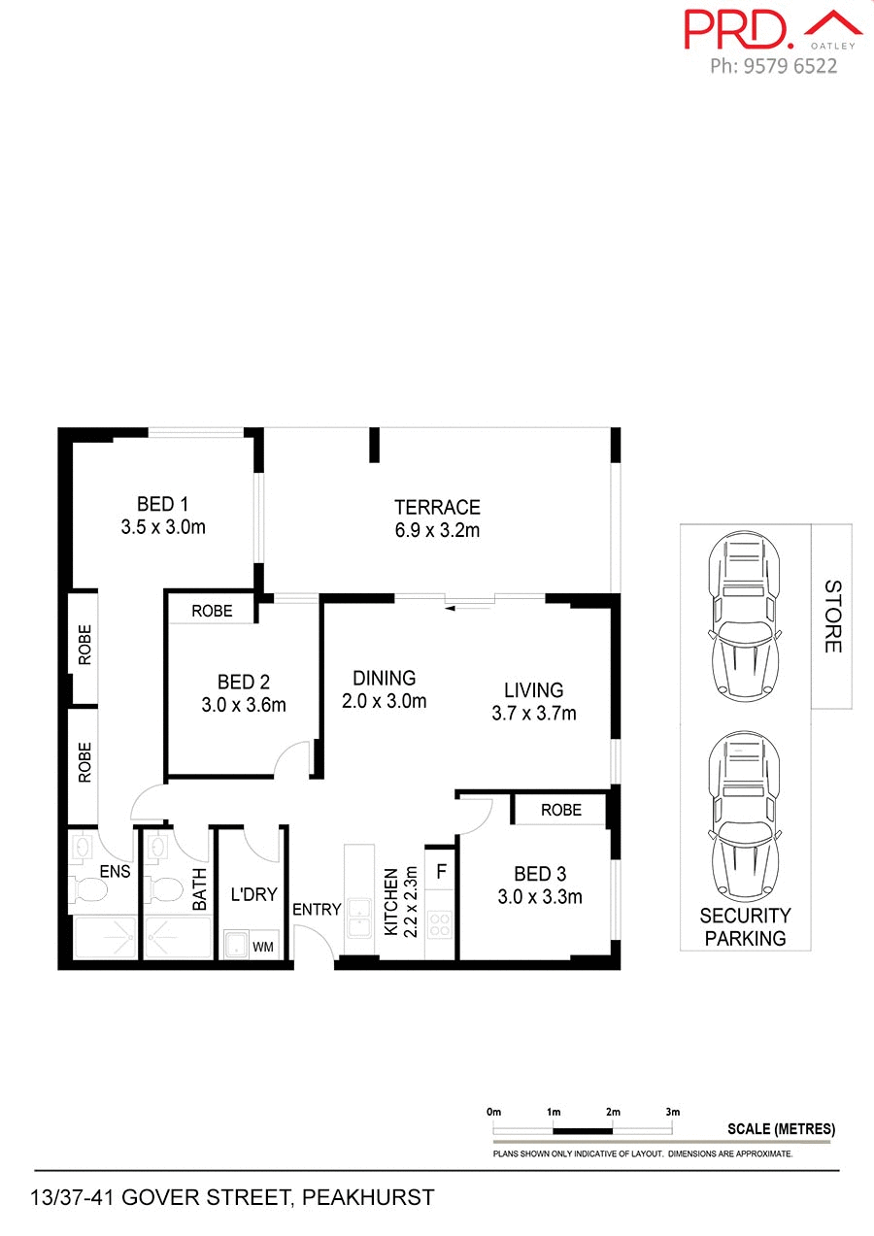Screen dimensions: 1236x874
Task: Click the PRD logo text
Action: pos(740,29)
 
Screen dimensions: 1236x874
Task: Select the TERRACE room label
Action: pos(437,507)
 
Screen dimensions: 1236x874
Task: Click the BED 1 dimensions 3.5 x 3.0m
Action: pos(163,527)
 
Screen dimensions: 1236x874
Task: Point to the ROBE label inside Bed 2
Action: pos(212,611)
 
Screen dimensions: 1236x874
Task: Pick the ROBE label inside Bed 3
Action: pos(561,810)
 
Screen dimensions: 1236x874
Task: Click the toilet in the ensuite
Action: pos(89,888)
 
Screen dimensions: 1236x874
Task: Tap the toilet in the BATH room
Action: pos(167,888)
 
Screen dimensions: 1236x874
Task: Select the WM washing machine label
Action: pos(262,946)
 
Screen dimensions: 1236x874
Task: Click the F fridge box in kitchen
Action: pos(441,871)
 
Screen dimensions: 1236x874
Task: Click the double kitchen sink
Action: pos(359,922)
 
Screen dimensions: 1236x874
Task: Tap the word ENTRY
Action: pos(317,910)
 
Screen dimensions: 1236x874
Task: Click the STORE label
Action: pos(832,617)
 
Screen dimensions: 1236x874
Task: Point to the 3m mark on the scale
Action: pos(673,1111)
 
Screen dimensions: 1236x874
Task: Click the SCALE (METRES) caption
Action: pos(781,1129)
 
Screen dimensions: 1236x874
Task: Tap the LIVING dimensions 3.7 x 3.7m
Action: pos(534,714)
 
